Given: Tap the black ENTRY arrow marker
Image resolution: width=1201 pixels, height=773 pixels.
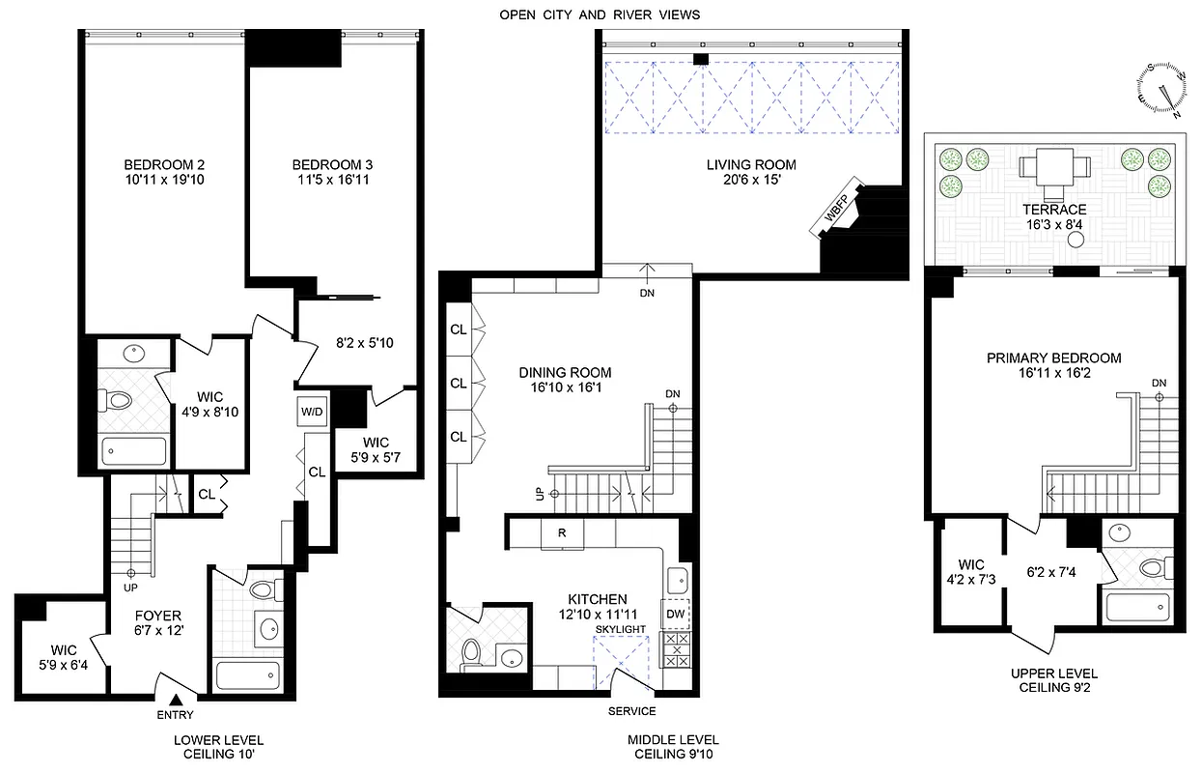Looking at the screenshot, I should pos(176,701).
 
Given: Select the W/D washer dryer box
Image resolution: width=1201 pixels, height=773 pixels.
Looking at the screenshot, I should pos(312,411).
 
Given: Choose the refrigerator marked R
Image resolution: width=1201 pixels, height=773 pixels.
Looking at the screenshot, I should pos(561,533).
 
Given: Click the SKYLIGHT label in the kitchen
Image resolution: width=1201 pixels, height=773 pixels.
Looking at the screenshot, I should pos(620,630).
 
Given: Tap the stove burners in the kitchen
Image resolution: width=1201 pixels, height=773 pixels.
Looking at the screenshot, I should pos(675,649).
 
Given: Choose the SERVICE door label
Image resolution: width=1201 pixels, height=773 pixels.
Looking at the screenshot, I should pos(631,711).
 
